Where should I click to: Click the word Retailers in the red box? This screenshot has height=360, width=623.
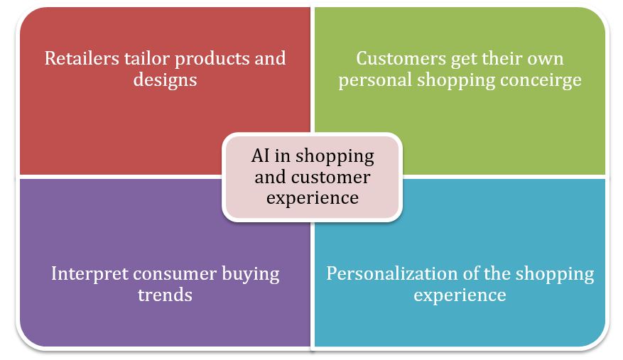(82, 58)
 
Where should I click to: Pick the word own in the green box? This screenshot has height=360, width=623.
(545, 60)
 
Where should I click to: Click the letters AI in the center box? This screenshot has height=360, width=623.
(260, 156)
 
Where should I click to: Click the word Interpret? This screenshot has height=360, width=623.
(89, 275)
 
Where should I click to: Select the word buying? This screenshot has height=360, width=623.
(250, 275)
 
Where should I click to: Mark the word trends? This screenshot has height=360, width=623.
(165, 295)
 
